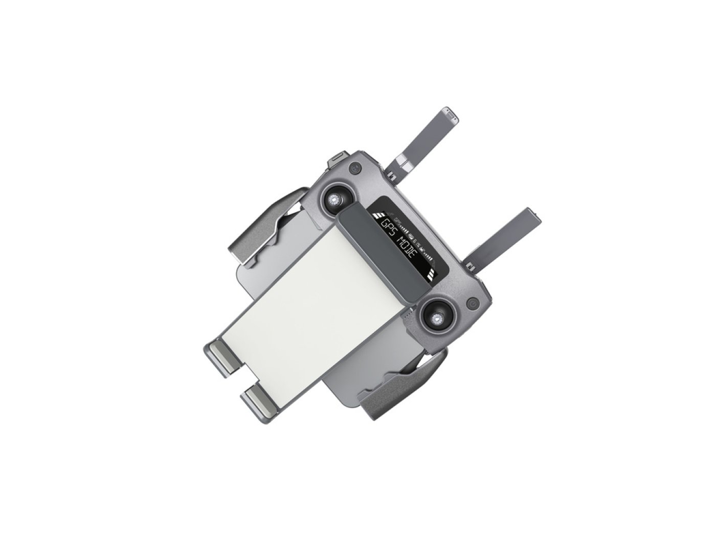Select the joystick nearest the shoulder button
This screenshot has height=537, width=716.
[334, 199]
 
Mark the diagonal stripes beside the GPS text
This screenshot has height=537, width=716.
[378, 215]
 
